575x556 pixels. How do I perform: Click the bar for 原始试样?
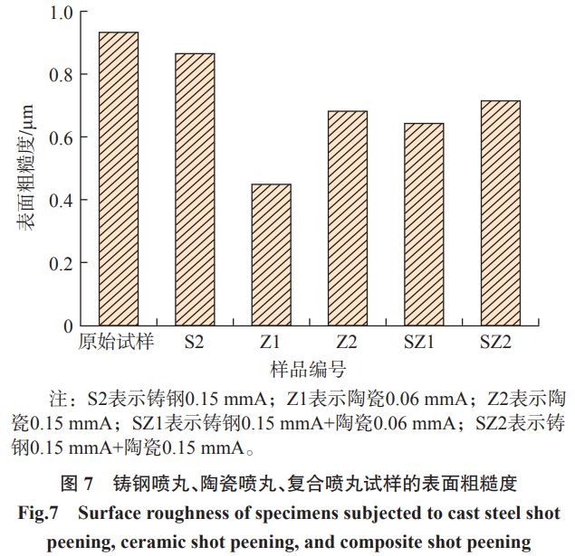118,179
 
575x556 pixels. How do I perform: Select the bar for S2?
195,190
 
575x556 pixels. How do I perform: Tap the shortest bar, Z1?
271,255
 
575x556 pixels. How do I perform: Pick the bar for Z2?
348,218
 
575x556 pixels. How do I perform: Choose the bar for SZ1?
424,224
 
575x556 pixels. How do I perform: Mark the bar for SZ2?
500,213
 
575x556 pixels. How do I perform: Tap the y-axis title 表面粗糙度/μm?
26,168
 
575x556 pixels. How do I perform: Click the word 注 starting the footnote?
56,398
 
